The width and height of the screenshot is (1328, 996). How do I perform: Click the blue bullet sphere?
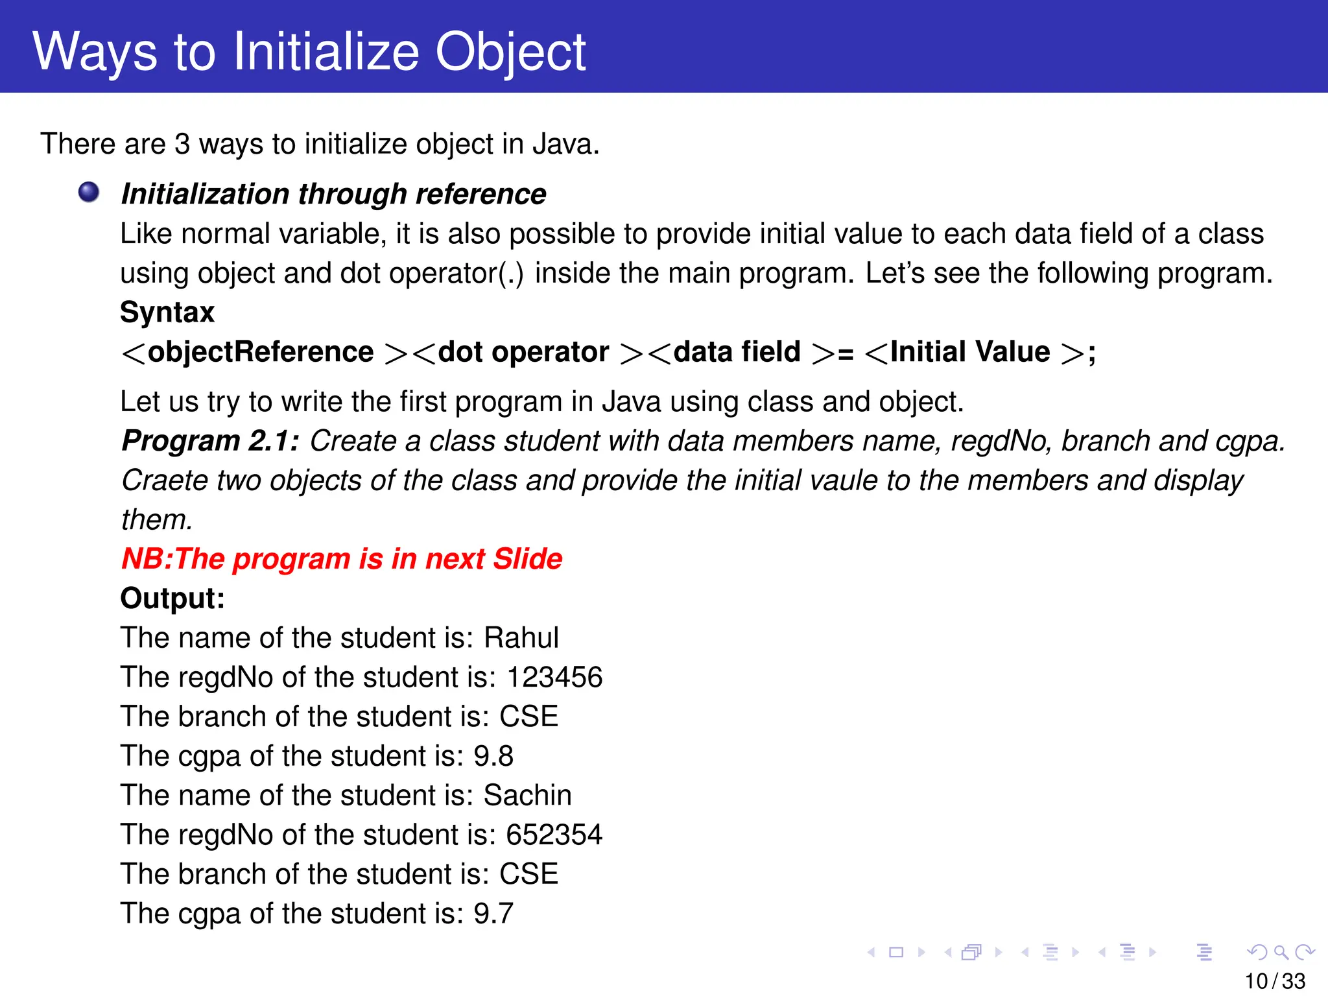pos(89,192)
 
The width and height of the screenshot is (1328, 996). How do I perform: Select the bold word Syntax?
pos(167,313)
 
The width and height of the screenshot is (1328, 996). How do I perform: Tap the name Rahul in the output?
pos(521,638)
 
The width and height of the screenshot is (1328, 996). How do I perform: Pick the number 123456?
pos(554,678)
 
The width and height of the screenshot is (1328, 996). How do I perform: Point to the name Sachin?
pos(528,796)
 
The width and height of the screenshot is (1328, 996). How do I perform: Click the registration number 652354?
pos(554,835)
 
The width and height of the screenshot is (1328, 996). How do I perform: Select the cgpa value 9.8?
pos(493,756)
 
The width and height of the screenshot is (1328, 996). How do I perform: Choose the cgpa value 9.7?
pos(493,914)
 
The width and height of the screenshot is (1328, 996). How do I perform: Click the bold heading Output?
pos(172,599)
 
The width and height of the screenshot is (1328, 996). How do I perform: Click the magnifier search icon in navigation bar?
pos(1281,953)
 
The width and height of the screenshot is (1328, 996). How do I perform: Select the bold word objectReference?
pos(261,352)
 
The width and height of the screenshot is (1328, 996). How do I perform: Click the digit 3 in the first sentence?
pos(182,144)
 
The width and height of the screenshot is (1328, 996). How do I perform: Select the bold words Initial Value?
pos(970,352)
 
